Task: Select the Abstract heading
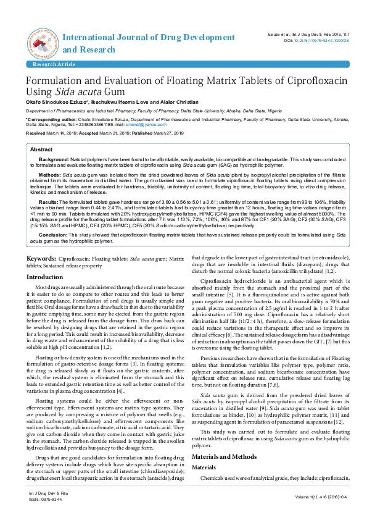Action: pos(41,150)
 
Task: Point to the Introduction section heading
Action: pos(44,277)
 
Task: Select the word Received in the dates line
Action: pos(36,133)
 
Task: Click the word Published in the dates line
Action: pos(139,133)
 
